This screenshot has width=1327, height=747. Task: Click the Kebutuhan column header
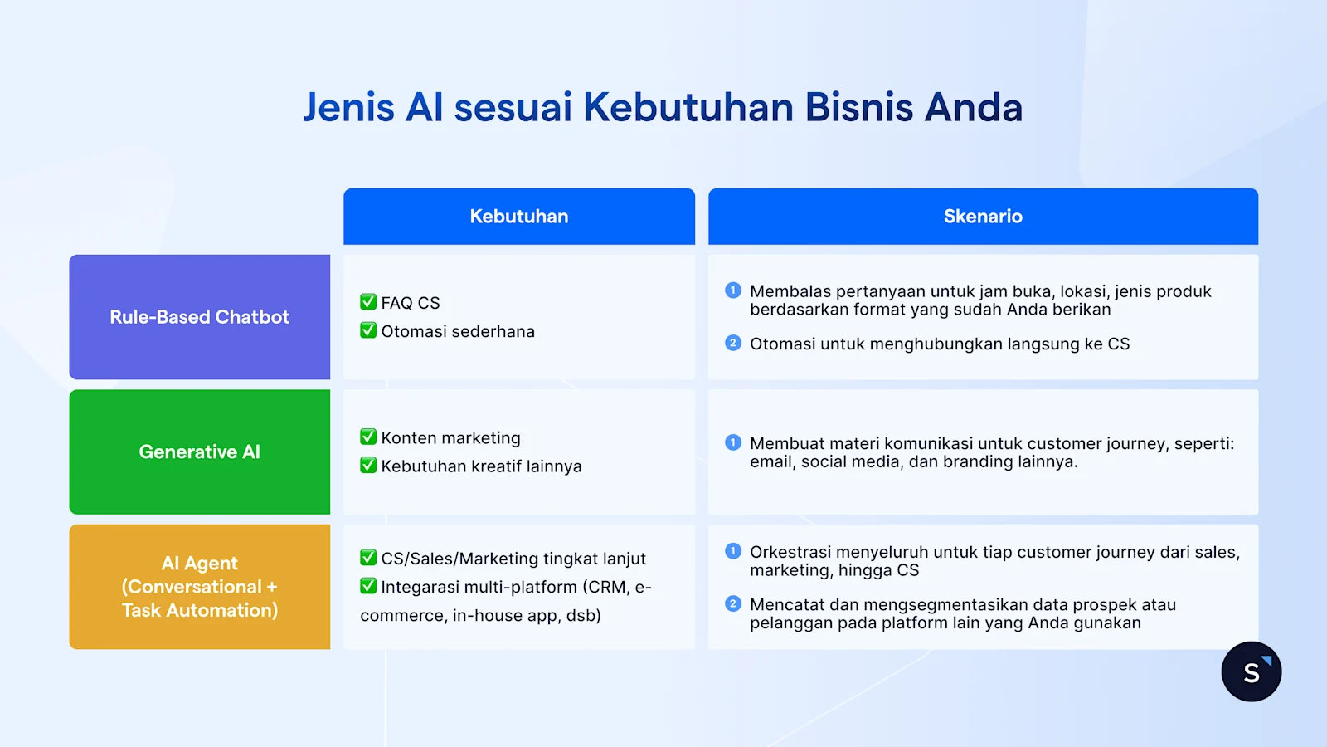(519, 217)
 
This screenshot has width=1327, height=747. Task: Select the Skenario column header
(983, 217)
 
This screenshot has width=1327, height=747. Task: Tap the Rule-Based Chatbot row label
(200, 317)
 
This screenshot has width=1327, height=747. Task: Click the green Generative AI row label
(200, 452)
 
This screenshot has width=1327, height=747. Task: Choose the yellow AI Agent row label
(200, 587)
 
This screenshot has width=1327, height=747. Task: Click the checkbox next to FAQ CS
(368, 302)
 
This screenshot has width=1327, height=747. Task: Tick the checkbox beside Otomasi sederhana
(368, 330)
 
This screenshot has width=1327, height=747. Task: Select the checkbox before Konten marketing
(368, 437)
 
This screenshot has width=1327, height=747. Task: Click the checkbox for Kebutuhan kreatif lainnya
(368, 465)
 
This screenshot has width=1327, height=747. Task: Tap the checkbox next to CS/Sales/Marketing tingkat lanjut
(368, 558)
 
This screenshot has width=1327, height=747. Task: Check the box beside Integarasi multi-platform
(368, 586)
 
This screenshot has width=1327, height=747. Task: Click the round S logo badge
(1251, 671)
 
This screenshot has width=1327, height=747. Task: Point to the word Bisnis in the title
(858, 108)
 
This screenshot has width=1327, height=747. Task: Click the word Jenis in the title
(348, 108)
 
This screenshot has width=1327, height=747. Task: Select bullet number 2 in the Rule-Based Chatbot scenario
(732, 343)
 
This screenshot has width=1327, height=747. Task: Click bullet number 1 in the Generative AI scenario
(732, 442)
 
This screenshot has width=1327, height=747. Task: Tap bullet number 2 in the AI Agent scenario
(732, 603)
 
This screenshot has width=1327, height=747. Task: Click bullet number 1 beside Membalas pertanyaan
(732, 290)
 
